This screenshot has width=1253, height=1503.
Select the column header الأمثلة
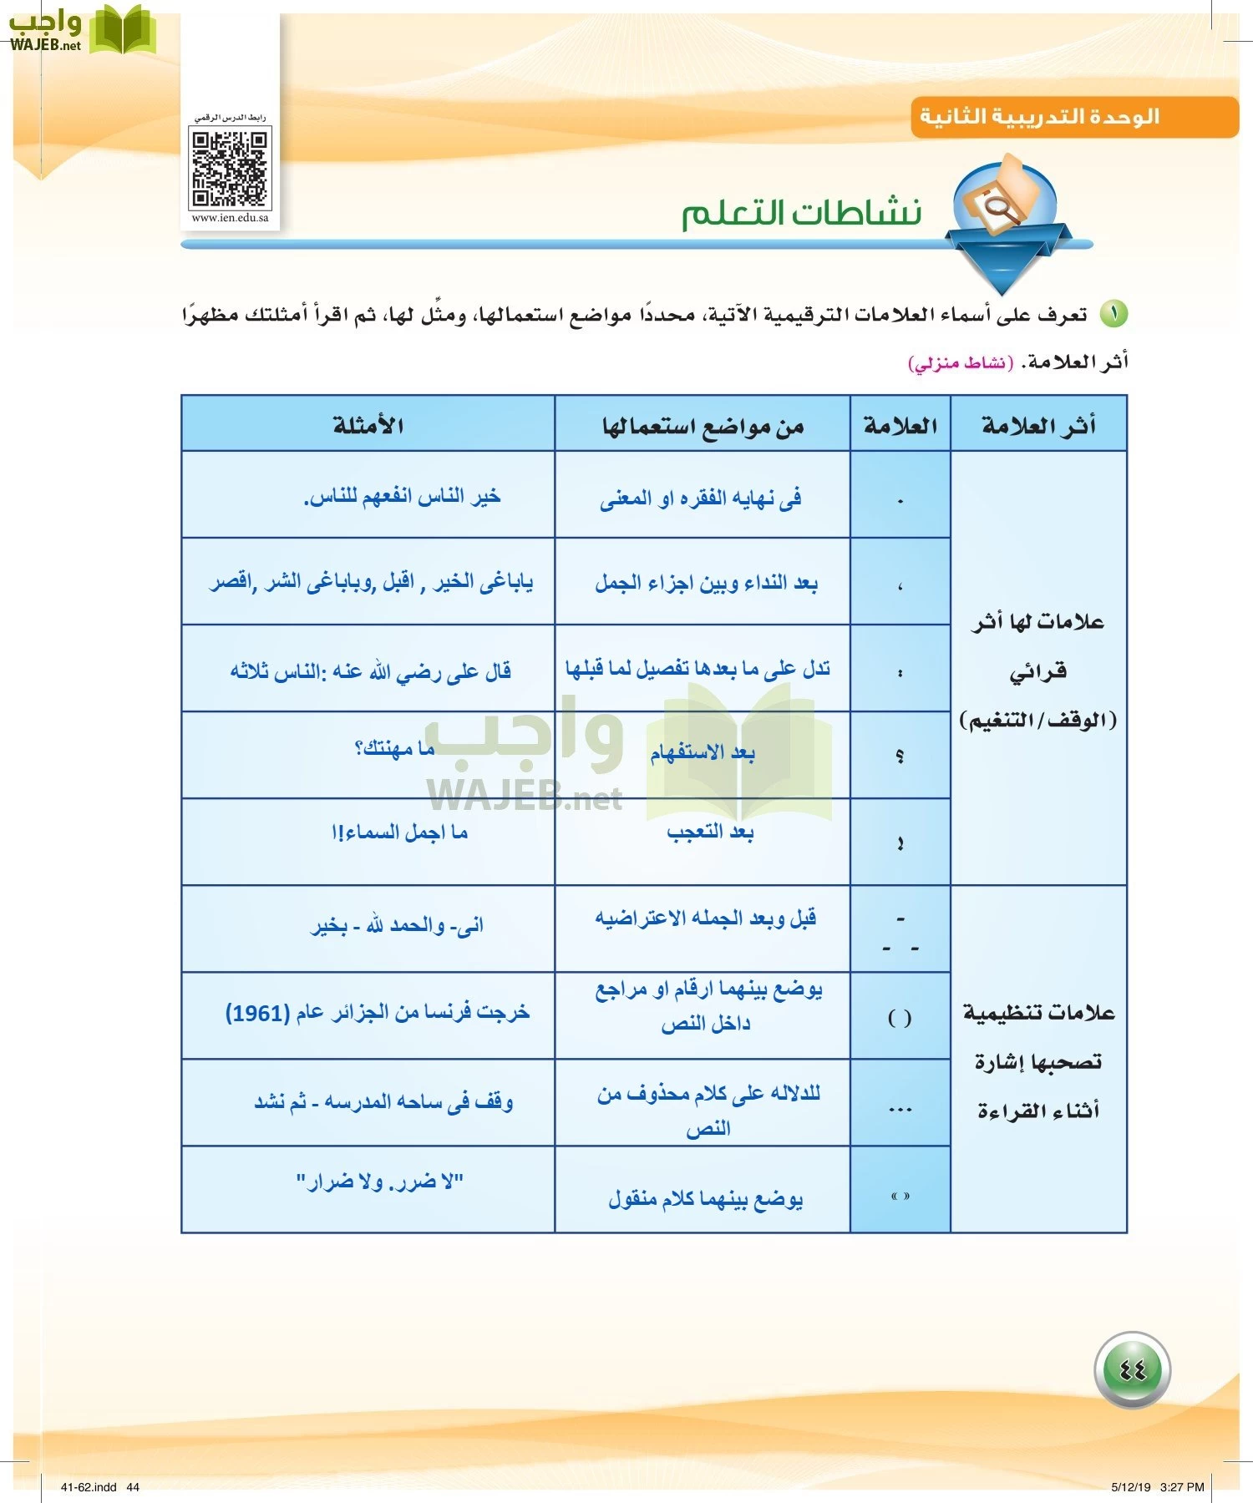click(x=368, y=425)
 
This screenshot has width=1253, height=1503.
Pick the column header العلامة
click(x=900, y=426)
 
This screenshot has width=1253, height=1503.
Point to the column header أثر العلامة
click(x=1038, y=426)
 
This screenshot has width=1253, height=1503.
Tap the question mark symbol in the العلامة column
click(x=900, y=756)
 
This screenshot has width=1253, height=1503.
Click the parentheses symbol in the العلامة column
click(x=900, y=1018)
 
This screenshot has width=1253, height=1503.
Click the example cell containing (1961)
click(x=378, y=1013)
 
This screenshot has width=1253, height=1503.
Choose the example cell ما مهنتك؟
click(x=394, y=748)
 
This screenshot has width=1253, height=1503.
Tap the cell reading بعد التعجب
click(x=710, y=832)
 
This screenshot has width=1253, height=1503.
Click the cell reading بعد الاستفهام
click(x=703, y=753)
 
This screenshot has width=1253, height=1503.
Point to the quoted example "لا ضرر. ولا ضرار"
click(x=380, y=1182)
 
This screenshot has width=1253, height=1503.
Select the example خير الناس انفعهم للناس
click(x=402, y=497)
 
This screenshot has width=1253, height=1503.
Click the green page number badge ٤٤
click(x=1132, y=1369)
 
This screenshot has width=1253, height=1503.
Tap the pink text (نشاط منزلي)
click(x=961, y=362)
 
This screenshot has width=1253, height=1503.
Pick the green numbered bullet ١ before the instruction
click(x=1113, y=314)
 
